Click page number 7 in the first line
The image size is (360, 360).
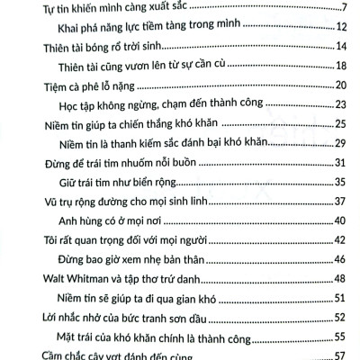pyautogui.click(x=344, y=10)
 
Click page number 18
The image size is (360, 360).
pyautogui.click(x=342, y=68)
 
